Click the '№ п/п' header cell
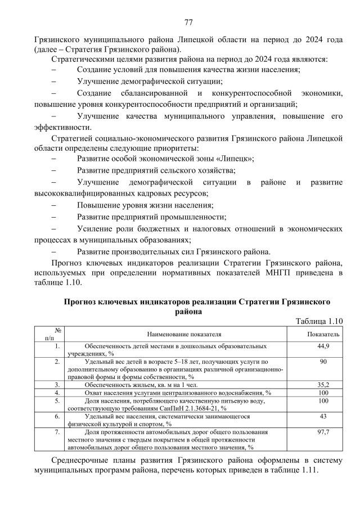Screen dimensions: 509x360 (x=50, y=334)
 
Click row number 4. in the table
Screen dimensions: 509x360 (x=57, y=393)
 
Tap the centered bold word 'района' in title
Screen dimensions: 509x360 (x=188, y=310)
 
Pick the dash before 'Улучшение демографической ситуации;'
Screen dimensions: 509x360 (x=54, y=81)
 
